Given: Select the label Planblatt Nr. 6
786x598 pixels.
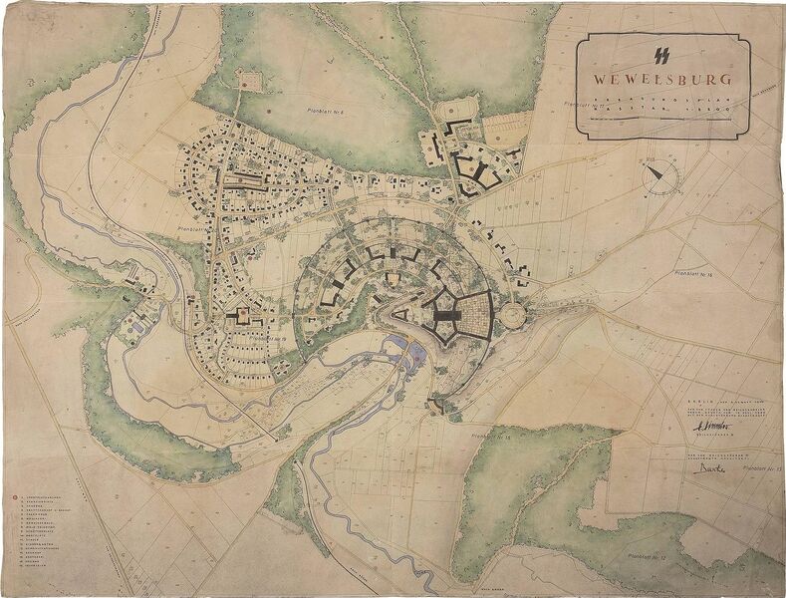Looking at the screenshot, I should point(321,110).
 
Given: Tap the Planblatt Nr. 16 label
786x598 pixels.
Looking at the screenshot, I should point(696,272).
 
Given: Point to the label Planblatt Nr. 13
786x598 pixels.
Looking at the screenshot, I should point(763,466).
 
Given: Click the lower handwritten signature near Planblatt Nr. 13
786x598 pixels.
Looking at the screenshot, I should point(709,464).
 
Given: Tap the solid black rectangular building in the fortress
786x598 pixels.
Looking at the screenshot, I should point(444,317).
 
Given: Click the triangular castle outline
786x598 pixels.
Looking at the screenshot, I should point(399,315).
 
